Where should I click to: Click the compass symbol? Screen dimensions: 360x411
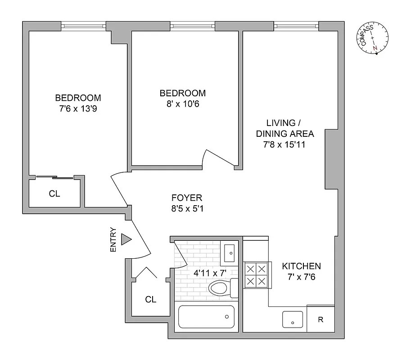pos(374,38)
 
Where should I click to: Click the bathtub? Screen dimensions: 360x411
pos(207,317)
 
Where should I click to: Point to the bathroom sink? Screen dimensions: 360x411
pos(229,253)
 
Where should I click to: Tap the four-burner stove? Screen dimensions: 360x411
pos(256,275)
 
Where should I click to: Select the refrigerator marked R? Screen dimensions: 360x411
pos(321,320)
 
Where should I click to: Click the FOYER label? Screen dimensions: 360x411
pos(187,198)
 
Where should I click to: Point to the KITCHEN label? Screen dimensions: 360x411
pos(301,266)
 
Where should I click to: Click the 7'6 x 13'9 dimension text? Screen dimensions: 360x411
pos(78,108)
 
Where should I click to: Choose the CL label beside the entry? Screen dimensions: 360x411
pos(151,299)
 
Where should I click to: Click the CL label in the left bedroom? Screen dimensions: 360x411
pos(54,194)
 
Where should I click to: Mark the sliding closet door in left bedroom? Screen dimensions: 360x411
pos(54,177)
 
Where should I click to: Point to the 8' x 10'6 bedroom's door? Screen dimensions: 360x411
pos(219,158)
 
